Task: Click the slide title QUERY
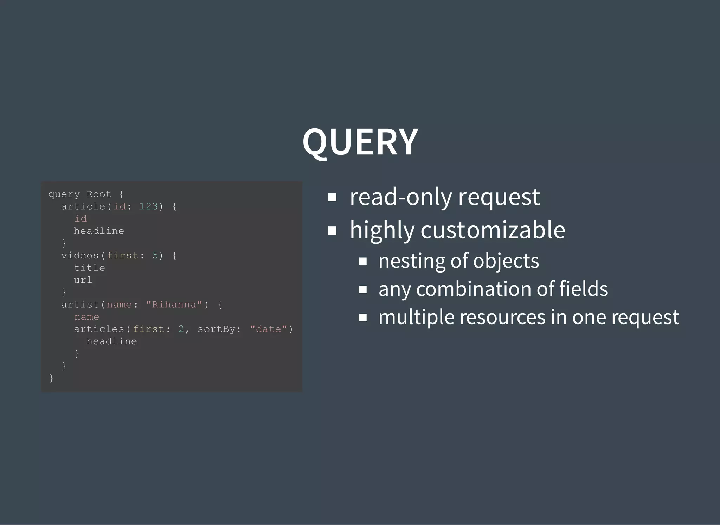pos(360,142)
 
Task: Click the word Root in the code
pos(99,194)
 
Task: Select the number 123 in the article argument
pos(148,206)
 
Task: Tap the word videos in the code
pos(80,256)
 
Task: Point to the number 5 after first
pos(155,256)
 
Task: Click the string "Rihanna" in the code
pos(174,305)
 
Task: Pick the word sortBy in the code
pos(216,329)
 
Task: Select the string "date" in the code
pos(269,329)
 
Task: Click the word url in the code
pos(83,280)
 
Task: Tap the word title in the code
pos(89,268)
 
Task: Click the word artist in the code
pos(80,305)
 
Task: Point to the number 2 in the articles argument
pos(181,329)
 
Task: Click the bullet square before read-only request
pos(332,197)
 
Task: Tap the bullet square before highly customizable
pos(332,231)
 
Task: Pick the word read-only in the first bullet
pos(401,197)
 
